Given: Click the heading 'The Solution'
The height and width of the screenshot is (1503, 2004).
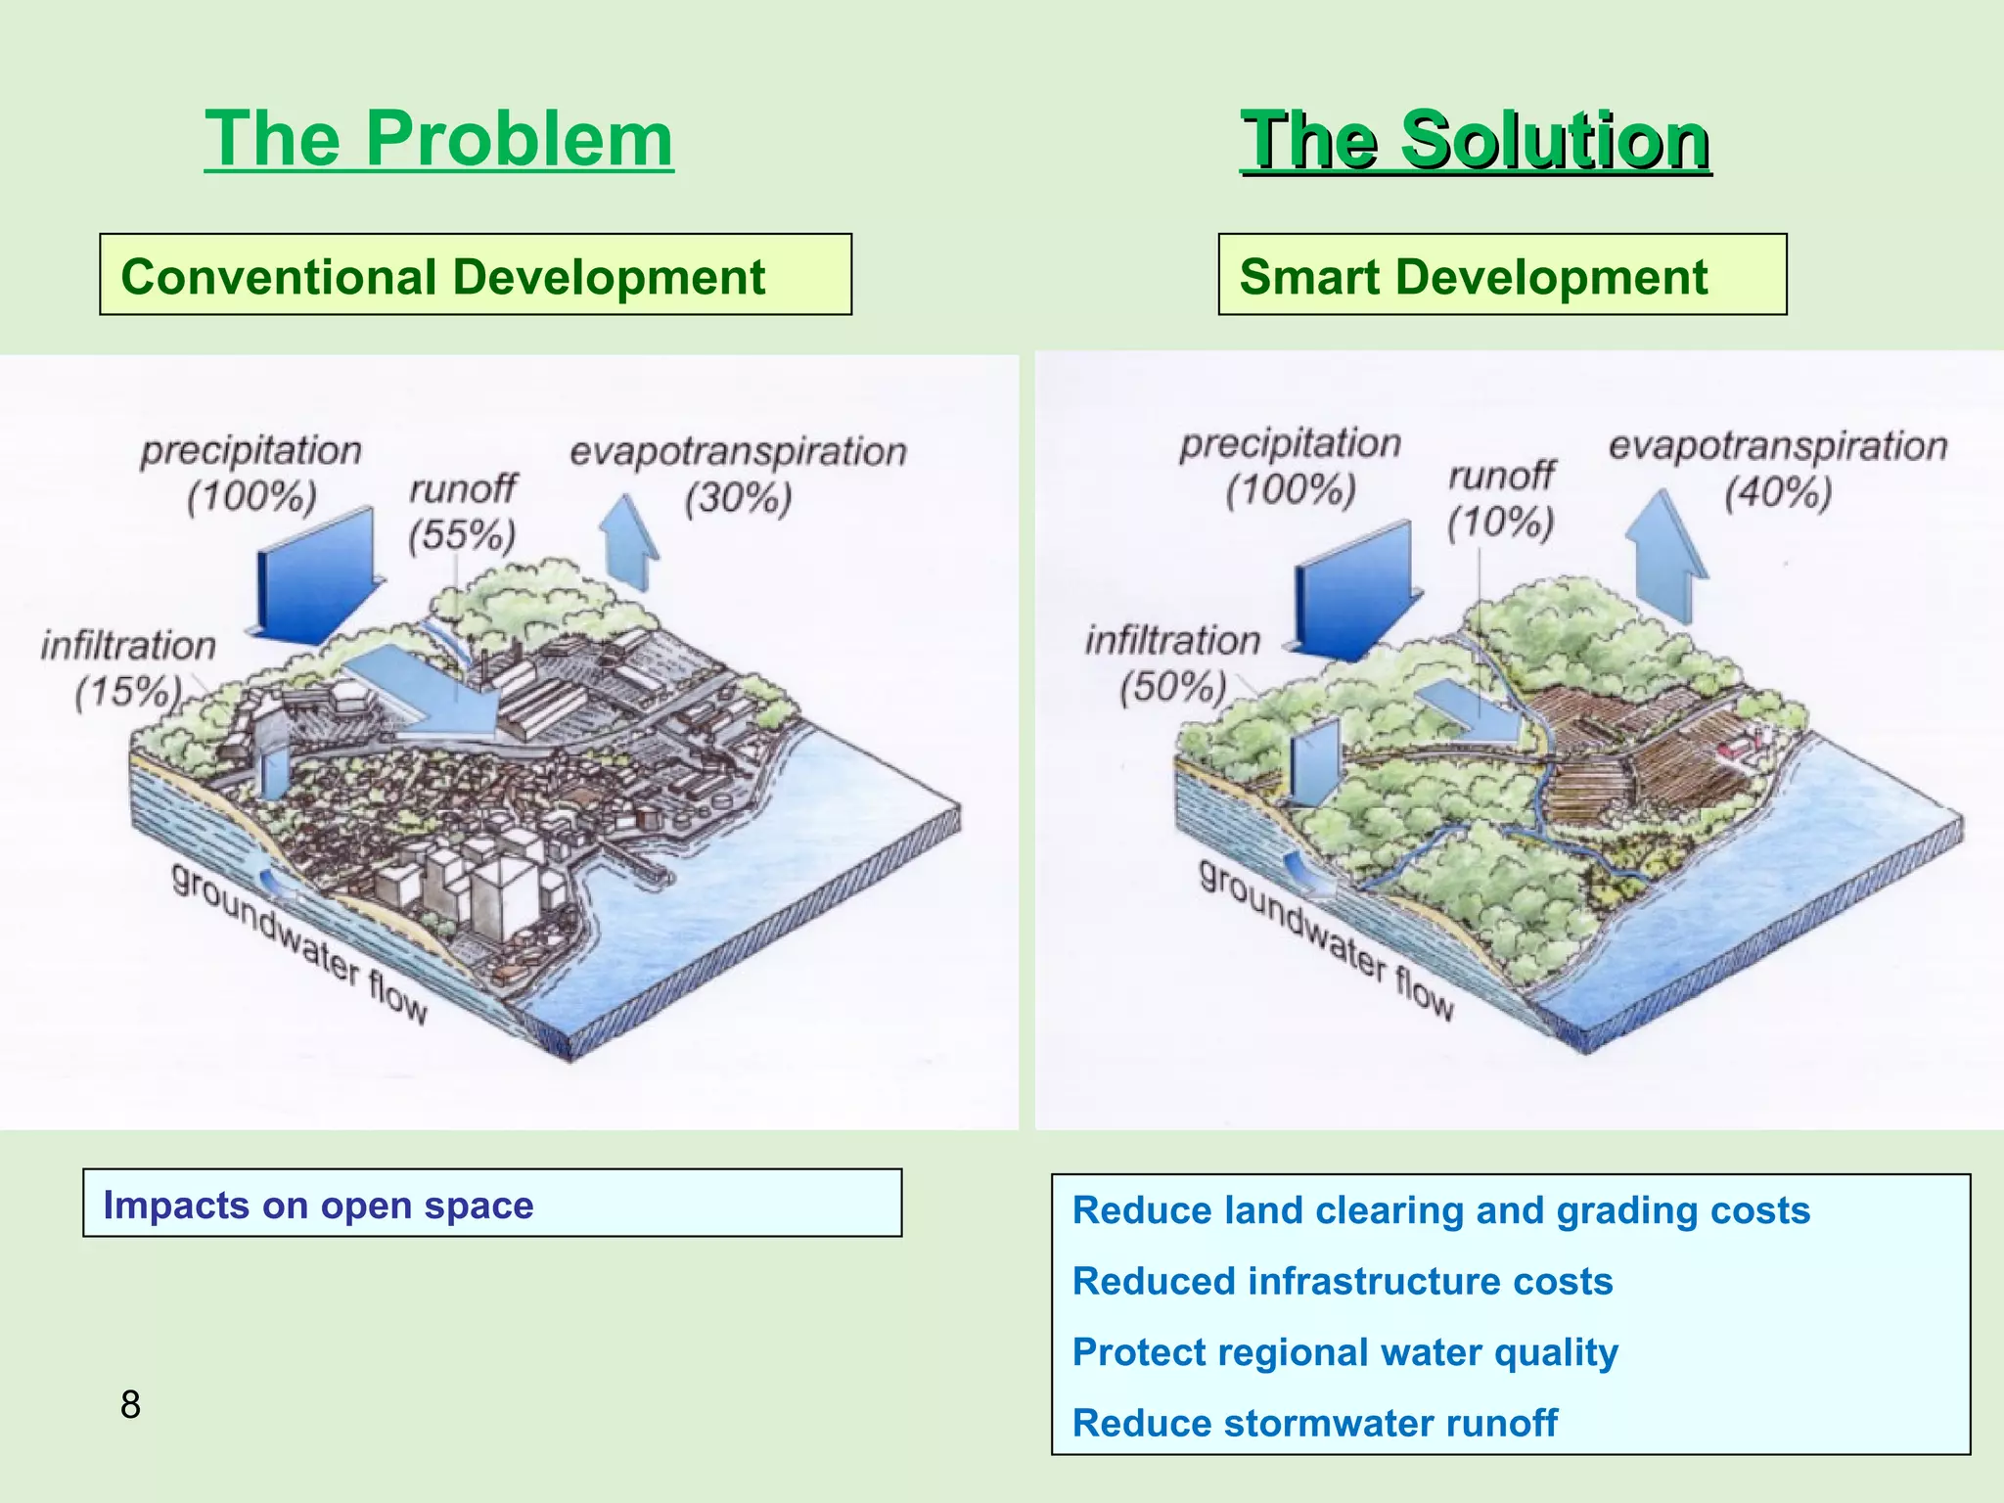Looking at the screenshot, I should pyautogui.click(x=1476, y=141).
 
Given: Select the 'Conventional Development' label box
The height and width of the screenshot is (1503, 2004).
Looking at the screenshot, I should pyautogui.click(x=476, y=275).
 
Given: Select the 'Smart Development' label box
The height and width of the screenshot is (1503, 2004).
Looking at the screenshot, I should pyautogui.click(x=1502, y=275).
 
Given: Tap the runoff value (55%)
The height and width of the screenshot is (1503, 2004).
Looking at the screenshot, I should pyautogui.click(x=462, y=535).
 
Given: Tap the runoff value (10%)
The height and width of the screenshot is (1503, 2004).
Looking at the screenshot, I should pyautogui.click(x=1500, y=523).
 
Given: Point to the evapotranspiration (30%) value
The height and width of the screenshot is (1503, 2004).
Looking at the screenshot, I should pyautogui.click(x=738, y=498).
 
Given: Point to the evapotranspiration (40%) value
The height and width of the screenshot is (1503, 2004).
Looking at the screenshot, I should pyautogui.click(x=1777, y=492).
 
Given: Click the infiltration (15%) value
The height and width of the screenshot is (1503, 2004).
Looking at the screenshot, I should pyautogui.click(x=127, y=692).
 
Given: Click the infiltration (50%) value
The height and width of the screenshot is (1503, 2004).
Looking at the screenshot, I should pyautogui.click(x=1172, y=687).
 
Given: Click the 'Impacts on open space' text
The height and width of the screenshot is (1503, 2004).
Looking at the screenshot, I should pyautogui.click(x=318, y=1205).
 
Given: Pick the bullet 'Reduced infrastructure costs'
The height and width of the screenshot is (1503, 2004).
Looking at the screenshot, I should pyautogui.click(x=1342, y=1281).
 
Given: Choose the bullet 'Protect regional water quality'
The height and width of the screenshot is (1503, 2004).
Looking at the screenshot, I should pyautogui.click(x=1344, y=1352).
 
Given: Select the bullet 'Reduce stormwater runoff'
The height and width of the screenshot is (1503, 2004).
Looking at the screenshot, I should pyautogui.click(x=1314, y=1423).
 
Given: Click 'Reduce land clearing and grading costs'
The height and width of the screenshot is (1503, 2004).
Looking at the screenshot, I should pyautogui.click(x=1440, y=1210).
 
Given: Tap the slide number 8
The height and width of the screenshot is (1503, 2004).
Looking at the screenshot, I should pyautogui.click(x=130, y=1404).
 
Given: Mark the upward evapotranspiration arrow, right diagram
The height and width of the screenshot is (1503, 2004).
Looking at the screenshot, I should pyautogui.click(x=1665, y=558).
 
